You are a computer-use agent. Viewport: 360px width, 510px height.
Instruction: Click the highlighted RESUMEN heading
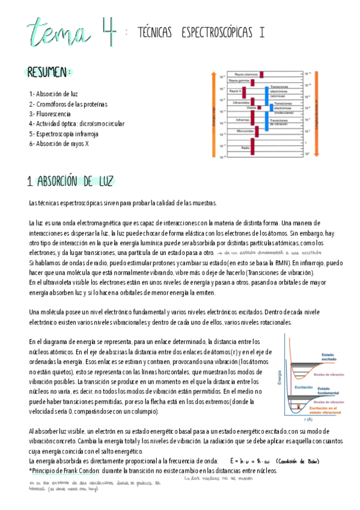point(49,72)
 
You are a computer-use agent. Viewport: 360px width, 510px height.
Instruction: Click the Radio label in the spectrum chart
point(246,147)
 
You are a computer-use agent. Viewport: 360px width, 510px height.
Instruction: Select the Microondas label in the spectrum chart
point(245,131)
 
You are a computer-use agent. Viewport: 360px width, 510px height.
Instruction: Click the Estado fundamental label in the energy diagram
point(329,390)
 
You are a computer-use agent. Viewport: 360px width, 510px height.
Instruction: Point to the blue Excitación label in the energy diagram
point(302,388)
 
